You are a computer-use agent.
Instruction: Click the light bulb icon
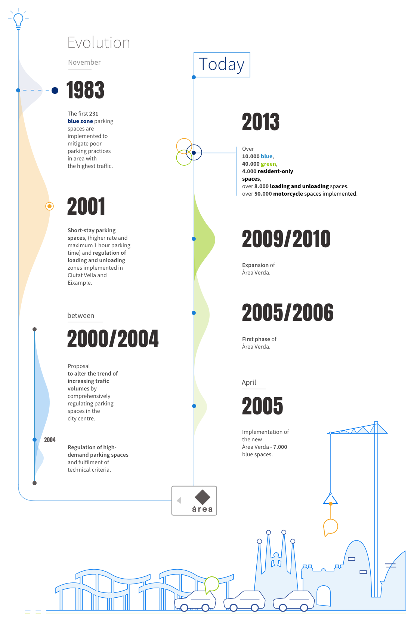(18, 19)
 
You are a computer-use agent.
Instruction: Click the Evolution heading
(99, 43)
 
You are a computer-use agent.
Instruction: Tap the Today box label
(222, 64)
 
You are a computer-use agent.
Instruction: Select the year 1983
(85, 90)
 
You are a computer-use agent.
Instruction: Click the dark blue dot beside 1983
(55, 90)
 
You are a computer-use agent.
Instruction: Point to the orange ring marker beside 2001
(49, 206)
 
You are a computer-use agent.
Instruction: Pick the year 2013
(260, 122)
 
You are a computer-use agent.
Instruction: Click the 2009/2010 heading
(286, 239)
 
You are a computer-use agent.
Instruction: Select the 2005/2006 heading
(287, 312)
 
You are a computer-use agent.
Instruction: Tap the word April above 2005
(248, 382)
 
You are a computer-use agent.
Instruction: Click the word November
(84, 62)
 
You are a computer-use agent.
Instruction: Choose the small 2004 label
(50, 440)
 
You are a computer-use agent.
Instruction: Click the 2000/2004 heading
(113, 338)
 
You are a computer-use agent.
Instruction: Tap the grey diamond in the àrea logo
(202, 497)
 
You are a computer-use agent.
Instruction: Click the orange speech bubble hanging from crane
(330, 527)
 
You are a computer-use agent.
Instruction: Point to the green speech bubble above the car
(212, 584)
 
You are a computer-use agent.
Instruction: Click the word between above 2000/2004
(81, 315)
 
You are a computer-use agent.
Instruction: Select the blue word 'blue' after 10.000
(267, 156)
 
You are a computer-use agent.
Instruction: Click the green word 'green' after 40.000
(268, 164)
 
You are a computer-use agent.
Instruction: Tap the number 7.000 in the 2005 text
(280, 447)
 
